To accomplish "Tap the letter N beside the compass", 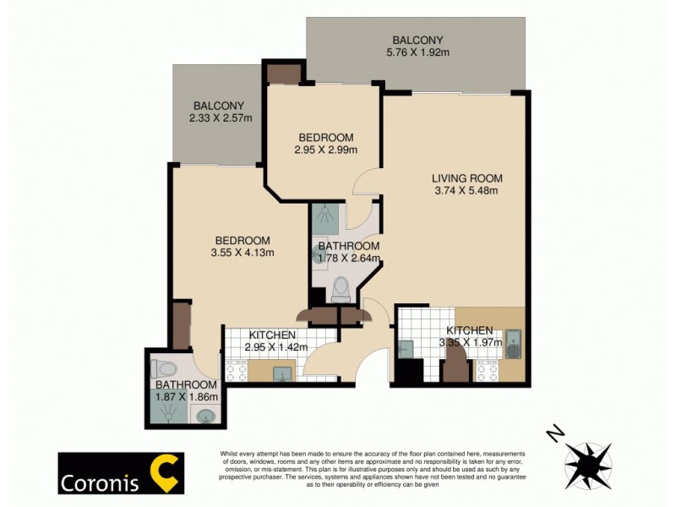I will (555, 434).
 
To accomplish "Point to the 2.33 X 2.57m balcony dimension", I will (221, 118).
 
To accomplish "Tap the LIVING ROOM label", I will (466, 178).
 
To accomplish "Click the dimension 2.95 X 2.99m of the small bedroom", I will (325, 150).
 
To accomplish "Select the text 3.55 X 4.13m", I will (242, 252).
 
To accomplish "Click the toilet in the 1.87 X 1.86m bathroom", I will (164, 368).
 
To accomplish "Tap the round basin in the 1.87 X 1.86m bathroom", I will (205, 415).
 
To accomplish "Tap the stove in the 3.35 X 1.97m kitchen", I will (488, 371).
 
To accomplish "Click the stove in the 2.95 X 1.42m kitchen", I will (236, 372).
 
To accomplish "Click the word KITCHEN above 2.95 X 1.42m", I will (272, 335).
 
